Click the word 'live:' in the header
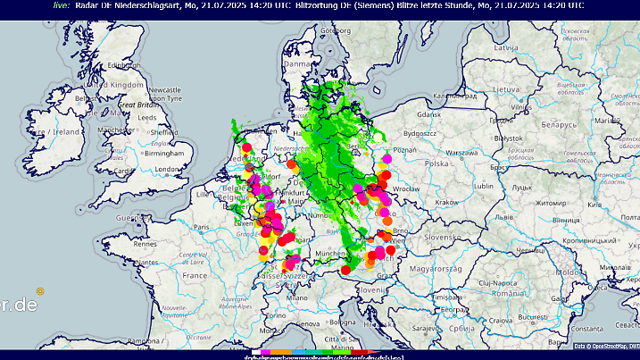(62, 5)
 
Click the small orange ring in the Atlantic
(40, 290)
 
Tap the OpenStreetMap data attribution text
(605, 346)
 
